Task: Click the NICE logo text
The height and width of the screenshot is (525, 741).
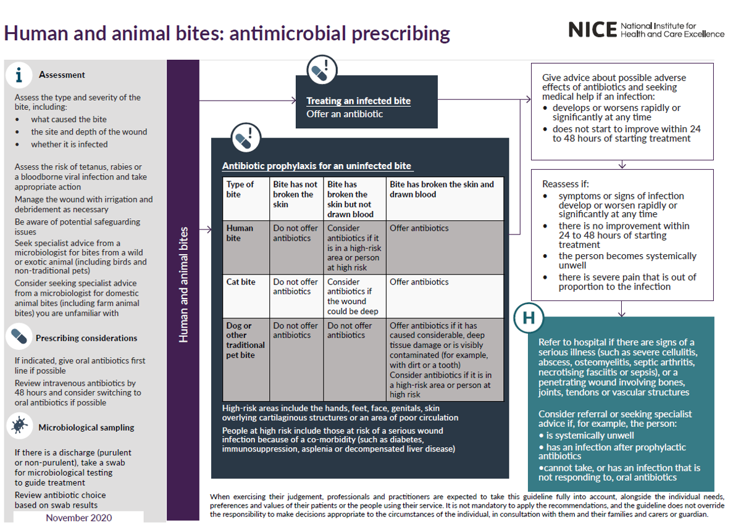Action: click(x=592, y=29)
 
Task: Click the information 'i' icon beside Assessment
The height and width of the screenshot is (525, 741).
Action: click(x=20, y=75)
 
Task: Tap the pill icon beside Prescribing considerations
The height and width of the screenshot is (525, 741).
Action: click(x=20, y=337)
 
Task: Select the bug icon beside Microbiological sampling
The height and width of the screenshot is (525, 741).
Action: click(x=20, y=426)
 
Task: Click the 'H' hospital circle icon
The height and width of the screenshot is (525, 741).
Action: click(x=529, y=318)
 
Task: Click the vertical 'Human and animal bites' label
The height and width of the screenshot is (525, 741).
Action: click(x=183, y=284)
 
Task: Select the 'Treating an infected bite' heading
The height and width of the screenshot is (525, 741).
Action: click(x=358, y=101)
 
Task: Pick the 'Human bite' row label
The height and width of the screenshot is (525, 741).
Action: click(x=240, y=233)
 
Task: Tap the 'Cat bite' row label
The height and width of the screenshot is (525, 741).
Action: click(x=240, y=282)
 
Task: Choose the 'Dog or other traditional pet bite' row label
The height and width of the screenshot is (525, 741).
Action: click(x=245, y=340)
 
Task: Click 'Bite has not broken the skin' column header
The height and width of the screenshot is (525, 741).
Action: click(x=295, y=194)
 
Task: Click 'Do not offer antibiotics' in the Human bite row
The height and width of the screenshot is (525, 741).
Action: click(x=295, y=233)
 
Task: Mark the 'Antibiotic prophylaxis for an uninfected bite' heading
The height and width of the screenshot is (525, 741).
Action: click(x=317, y=166)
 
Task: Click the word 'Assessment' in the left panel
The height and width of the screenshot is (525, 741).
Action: click(x=62, y=75)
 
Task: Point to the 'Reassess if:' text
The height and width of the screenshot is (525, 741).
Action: click(x=566, y=184)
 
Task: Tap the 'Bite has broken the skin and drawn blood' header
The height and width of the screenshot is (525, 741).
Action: click(x=442, y=189)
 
